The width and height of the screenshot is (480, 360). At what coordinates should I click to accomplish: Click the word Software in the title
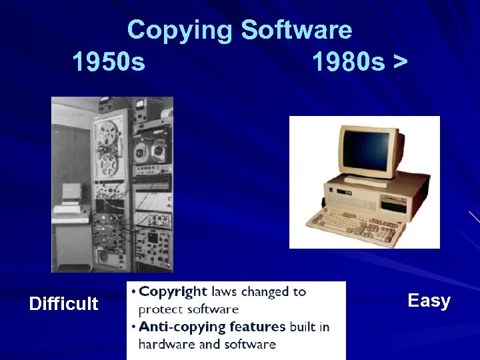click(x=297, y=31)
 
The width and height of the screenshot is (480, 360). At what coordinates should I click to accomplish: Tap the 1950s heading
click(x=108, y=63)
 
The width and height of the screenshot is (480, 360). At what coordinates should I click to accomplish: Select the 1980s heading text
click(x=349, y=63)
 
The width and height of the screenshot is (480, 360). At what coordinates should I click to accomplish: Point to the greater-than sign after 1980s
click(x=400, y=63)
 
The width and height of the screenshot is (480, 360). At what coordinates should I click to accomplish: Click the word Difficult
click(x=63, y=304)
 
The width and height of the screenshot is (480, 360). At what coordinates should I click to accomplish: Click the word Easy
click(x=429, y=301)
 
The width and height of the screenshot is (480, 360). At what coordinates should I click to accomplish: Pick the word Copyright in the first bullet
click(x=173, y=292)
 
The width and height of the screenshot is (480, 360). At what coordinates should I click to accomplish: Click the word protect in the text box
click(x=160, y=309)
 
